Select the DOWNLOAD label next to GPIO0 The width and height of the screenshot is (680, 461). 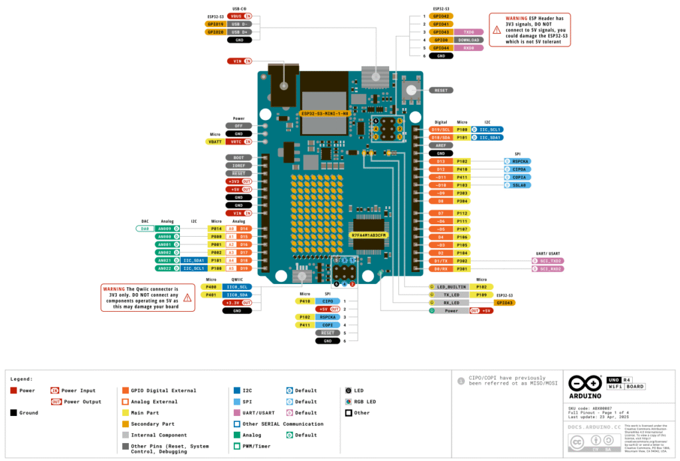[x=468, y=40]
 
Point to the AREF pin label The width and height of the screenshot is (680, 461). [x=440, y=145]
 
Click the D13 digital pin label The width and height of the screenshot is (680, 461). [x=440, y=161]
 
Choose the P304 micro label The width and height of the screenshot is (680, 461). [x=462, y=201]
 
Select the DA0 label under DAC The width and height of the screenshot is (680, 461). [x=145, y=228]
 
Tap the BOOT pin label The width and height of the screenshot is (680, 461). [x=238, y=157]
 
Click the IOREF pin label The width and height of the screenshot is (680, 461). [x=238, y=165]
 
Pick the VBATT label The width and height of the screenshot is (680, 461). [x=214, y=141]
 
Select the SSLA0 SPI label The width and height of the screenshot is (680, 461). [x=520, y=185]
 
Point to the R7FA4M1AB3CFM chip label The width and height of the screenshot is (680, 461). [x=369, y=235]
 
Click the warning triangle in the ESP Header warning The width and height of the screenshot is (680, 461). [x=497, y=29]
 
